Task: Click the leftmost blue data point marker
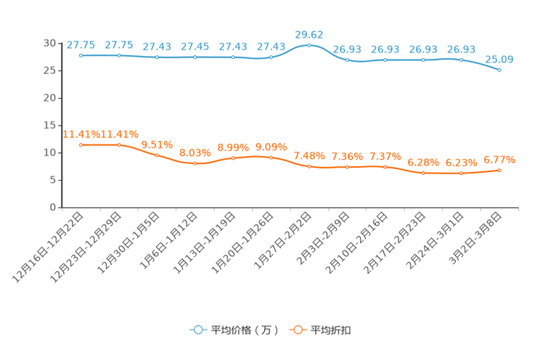point(81,55)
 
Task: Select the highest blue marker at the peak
point(309,45)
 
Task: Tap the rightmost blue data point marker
point(499,70)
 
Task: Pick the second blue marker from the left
point(119,55)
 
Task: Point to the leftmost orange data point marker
point(81,145)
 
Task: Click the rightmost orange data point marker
point(499,170)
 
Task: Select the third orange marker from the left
point(157,155)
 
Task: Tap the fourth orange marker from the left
point(195,163)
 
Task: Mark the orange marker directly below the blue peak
point(309,166)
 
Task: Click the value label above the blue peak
point(308,33)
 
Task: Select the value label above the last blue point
point(499,59)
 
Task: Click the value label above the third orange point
point(157,144)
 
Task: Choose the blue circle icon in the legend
point(197,330)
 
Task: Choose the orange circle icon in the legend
point(296,330)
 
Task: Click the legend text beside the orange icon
point(332,330)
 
